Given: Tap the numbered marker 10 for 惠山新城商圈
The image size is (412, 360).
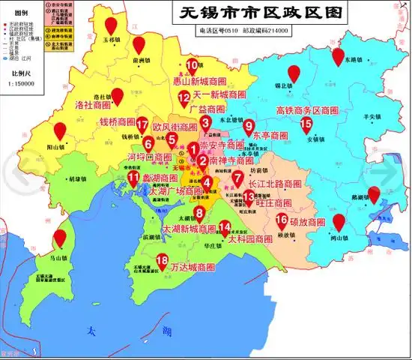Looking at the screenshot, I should [192, 65].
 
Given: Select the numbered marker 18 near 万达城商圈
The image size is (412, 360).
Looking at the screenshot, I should [163, 260].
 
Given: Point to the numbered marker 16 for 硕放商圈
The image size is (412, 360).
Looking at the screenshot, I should [282, 220].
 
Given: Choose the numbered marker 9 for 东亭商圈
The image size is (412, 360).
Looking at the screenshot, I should [249, 126].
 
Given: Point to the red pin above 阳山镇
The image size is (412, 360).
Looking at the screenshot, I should [60, 130].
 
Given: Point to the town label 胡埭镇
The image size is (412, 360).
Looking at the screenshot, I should [76, 180].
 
